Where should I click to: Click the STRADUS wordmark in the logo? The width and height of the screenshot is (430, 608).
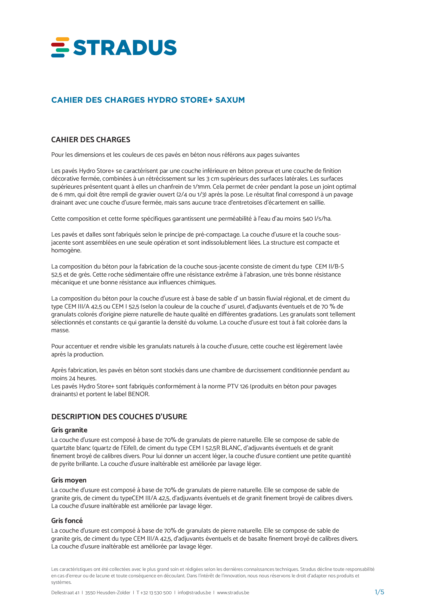click(x=125, y=48)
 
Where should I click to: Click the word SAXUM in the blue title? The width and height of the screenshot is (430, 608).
click(x=230, y=100)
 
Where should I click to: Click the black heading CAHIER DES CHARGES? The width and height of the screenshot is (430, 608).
click(x=90, y=140)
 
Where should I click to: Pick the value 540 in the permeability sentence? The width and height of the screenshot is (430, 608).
click(x=308, y=219)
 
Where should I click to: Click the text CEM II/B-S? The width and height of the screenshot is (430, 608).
click(x=329, y=266)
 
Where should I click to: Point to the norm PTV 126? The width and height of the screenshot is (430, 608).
click(x=238, y=386)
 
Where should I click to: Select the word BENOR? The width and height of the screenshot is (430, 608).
click(x=138, y=394)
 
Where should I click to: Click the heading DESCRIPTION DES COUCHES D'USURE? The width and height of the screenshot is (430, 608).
click(x=119, y=417)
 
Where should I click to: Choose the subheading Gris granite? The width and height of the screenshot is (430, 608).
click(x=69, y=430)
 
